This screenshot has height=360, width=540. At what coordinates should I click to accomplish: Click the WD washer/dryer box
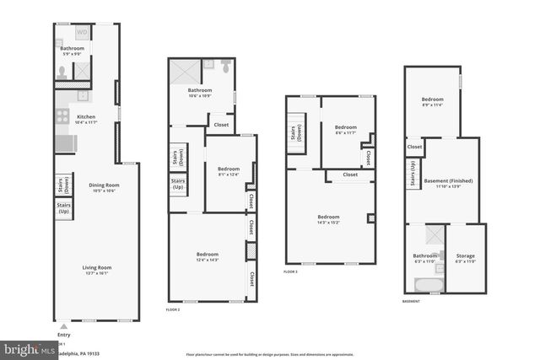point(83,33)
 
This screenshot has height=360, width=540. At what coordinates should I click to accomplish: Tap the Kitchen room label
point(86,117)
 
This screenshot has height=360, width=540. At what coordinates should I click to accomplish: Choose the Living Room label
point(97,267)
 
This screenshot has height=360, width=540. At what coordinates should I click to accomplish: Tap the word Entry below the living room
point(63,334)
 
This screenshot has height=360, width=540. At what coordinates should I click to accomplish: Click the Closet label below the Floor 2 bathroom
point(221,125)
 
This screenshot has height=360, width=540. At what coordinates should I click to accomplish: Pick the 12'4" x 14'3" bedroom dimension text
point(208,260)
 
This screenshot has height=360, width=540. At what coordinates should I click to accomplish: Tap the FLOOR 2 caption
point(173,309)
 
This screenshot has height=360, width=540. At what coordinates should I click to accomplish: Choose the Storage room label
point(466,255)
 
